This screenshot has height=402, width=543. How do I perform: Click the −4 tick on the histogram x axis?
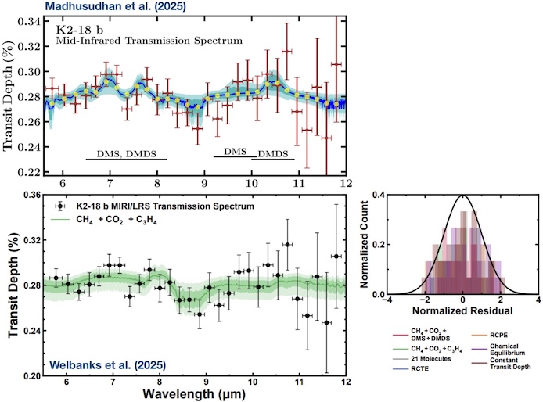coord(389,298)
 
